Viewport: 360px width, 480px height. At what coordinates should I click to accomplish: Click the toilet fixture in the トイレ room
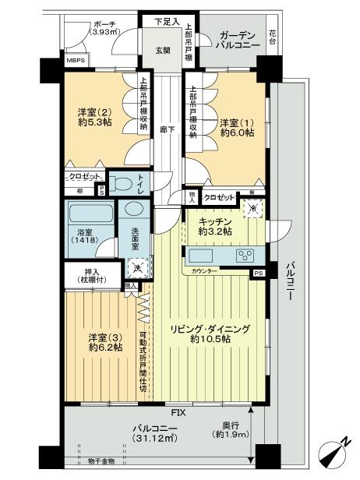point(122,184)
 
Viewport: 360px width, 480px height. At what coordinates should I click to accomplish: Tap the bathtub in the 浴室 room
point(90,214)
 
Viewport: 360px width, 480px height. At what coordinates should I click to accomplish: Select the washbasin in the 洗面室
point(133,210)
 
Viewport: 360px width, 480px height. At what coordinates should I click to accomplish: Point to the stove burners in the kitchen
point(245,256)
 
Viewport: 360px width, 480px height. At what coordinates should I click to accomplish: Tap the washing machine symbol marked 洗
point(136,269)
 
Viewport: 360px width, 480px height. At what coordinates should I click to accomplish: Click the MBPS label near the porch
point(76,60)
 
